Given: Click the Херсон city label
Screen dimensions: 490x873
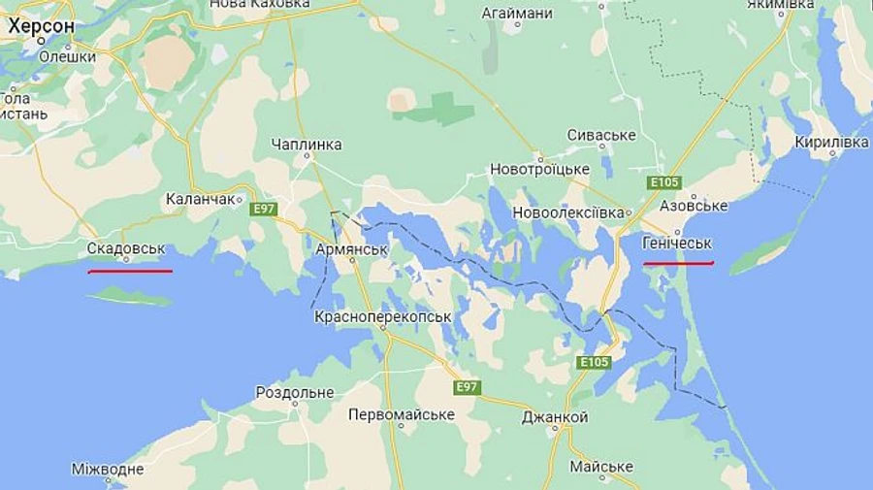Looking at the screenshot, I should (x=41, y=26).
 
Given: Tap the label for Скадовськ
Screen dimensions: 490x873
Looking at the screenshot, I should (x=126, y=248).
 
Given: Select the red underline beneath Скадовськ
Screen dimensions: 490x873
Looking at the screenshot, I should (x=130, y=272).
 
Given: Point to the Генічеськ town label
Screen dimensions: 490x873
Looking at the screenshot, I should (x=678, y=243).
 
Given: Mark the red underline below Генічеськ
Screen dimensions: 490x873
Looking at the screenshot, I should (x=678, y=263).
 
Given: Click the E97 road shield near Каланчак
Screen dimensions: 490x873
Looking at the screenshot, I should (x=263, y=209).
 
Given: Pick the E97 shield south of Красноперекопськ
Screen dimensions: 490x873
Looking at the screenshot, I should (x=468, y=387).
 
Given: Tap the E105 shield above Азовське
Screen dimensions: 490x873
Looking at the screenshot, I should (x=666, y=182).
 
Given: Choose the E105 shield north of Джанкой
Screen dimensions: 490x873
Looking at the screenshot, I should (x=594, y=362).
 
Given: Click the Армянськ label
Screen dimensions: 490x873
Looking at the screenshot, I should (x=352, y=248).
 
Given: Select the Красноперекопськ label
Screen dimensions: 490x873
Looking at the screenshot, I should (x=383, y=317).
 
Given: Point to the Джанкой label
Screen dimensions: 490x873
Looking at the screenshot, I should (x=555, y=416).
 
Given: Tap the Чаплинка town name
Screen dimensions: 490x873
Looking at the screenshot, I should (x=307, y=145).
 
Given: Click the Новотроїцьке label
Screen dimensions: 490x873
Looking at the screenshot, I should (x=539, y=169).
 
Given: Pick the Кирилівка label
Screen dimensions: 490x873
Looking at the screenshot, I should (x=831, y=143).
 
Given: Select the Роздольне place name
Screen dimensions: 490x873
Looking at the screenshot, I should (x=295, y=392).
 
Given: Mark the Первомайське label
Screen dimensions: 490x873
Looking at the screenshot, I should (x=402, y=414).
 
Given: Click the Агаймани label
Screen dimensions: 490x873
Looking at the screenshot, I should (x=518, y=14).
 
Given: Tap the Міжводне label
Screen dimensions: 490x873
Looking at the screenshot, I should (x=108, y=470).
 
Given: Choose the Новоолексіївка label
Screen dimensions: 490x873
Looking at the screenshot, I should (x=568, y=212).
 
